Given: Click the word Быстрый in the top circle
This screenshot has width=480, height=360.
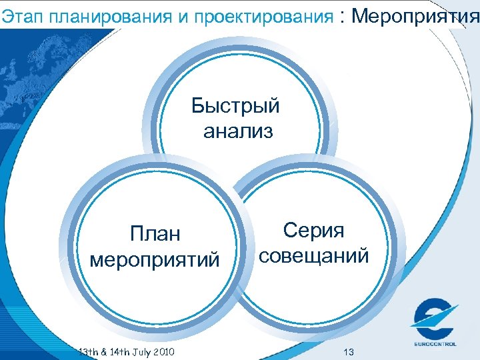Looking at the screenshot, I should click(235, 106).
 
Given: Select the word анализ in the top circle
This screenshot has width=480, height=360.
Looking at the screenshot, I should click(238, 131).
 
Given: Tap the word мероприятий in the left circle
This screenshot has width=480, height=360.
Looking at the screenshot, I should click(155, 259).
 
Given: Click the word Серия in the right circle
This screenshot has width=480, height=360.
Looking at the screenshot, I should click(314, 231).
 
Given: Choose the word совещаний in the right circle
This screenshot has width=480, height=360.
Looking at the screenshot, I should click(314, 255).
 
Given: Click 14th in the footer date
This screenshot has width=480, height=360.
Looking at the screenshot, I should click(115, 351).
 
